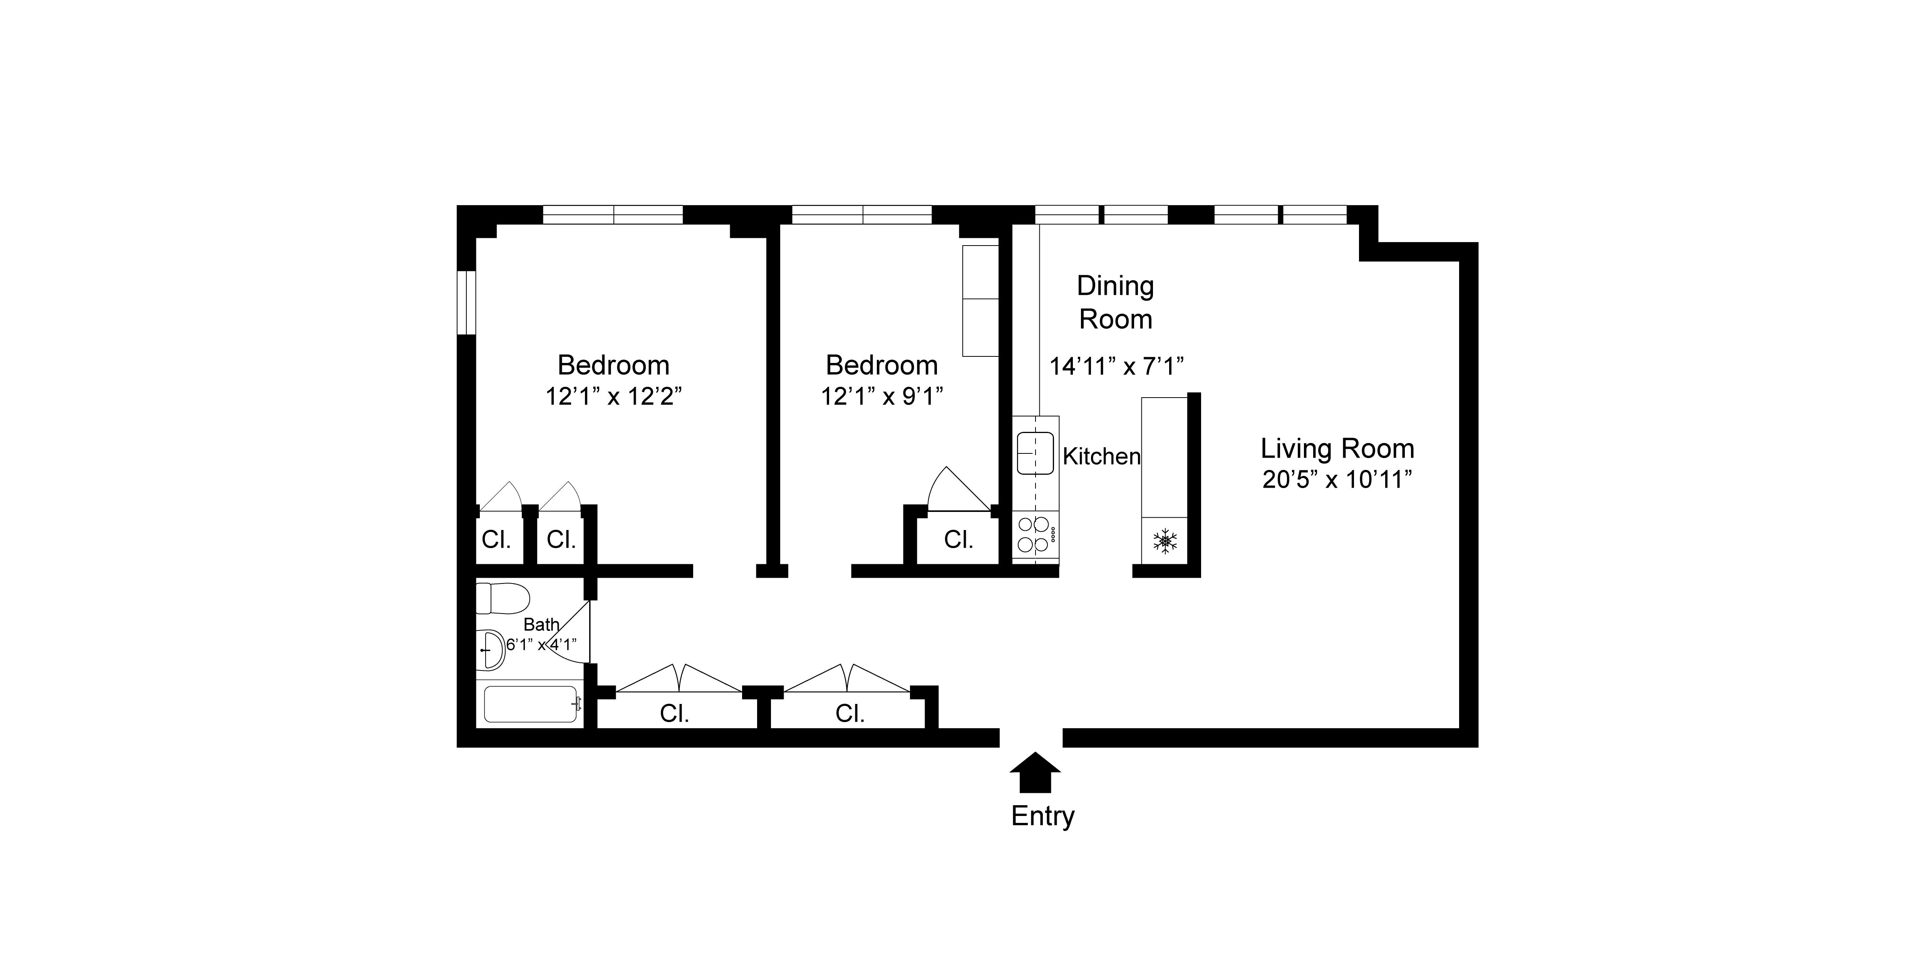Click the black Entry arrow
tap(1035, 772)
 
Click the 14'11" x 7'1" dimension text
tap(1115, 366)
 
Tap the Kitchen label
tap(1101, 456)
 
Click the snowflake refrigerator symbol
tap(1165, 540)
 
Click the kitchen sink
tap(1035, 453)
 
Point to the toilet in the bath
tap(503, 598)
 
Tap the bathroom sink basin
tap(491, 650)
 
